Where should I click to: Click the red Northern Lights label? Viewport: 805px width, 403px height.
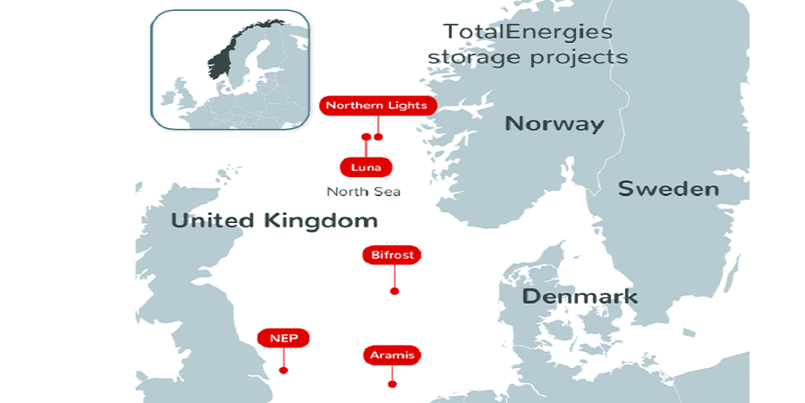(x=378, y=106)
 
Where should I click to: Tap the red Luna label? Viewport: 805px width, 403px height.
(x=366, y=167)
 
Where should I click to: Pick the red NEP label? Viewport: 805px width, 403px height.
(x=284, y=338)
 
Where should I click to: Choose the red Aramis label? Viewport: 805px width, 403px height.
(x=392, y=356)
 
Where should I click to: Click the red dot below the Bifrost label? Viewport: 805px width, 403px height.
(x=394, y=291)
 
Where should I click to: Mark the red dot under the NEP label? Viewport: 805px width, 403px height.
(x=284, y=370)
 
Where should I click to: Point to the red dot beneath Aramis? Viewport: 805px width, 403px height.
(x=392, y=384)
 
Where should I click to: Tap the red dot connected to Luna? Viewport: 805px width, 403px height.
(x=366, y=137)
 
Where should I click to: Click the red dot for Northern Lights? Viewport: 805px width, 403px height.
(x=378, y=137)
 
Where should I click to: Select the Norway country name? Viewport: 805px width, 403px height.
(x=555, y=124)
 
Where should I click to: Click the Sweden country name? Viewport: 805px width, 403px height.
(x=668, y=189)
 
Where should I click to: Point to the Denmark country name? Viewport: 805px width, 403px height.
(x=580, y=296)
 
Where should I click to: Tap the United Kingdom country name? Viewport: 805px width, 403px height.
(x=274, y=220)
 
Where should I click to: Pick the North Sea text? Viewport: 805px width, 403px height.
(x=363, y=192)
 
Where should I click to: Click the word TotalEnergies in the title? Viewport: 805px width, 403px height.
(x=528, y=32)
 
